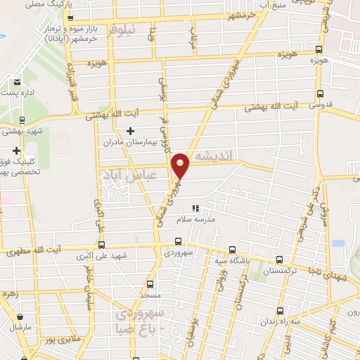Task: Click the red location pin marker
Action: click(181, 165)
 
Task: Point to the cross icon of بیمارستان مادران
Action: click(130, 131)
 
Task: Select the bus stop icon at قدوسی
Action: click(321, 94)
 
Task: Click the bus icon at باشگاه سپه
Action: click(233, 250)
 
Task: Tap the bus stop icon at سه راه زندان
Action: click(280, 310)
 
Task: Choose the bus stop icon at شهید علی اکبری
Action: click(103, 245)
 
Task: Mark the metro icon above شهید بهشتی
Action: click(23, 120)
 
